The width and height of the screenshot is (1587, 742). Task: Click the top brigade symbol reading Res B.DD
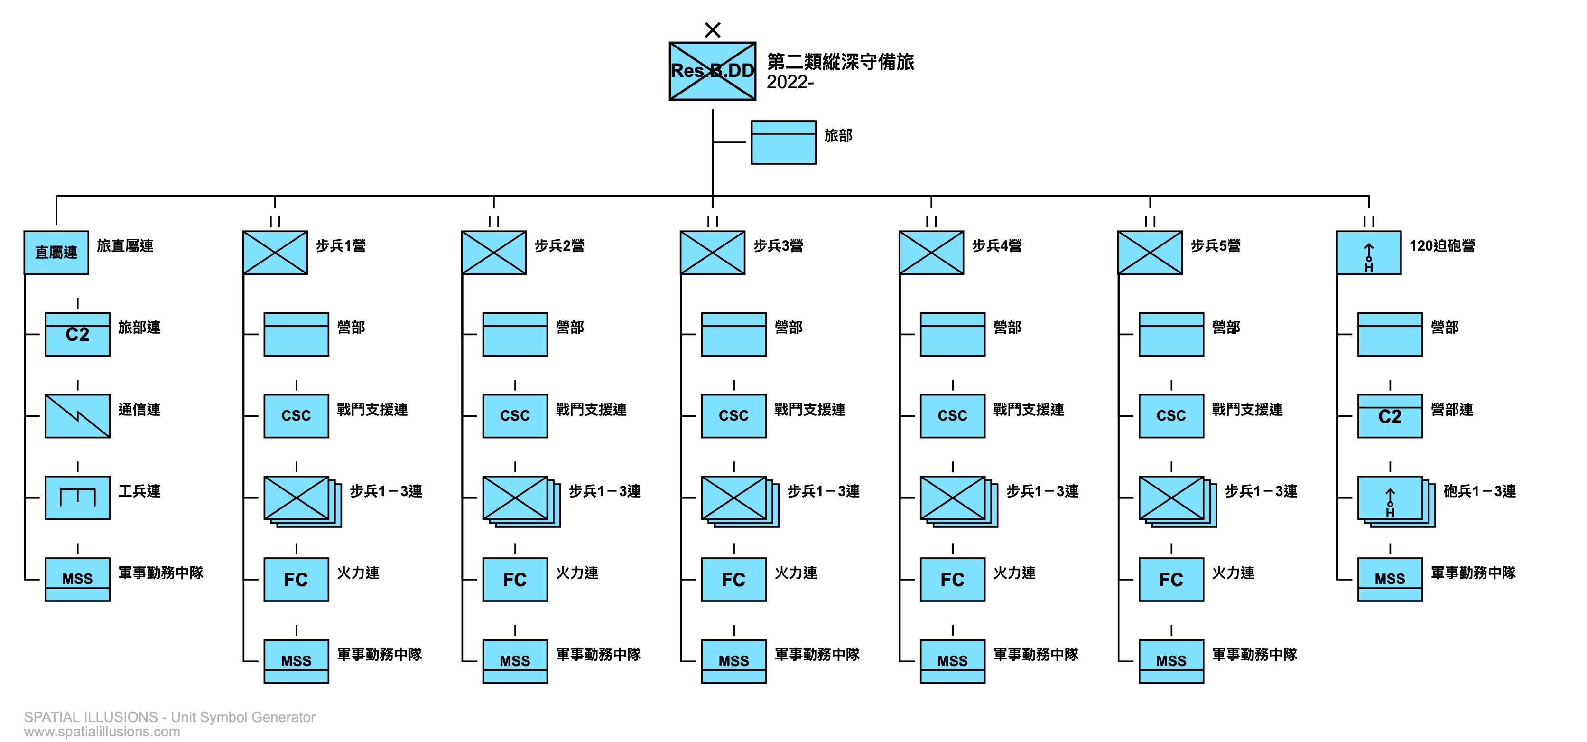(712, 71)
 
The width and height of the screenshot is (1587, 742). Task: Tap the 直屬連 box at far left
(56, 253)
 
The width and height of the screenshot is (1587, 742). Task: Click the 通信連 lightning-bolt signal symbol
(78, 416)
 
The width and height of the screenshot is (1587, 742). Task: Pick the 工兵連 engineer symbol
(78, 498)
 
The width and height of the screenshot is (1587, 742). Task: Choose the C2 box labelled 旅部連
(78, 334)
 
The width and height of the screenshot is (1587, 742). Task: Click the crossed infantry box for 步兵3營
(712, 253)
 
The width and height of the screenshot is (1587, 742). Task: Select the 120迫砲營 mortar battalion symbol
(1368, 253)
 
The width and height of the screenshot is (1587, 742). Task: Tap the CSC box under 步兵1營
(297, 416)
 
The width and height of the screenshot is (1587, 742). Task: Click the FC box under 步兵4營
(953, 579)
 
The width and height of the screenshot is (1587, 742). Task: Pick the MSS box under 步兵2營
(515, 661)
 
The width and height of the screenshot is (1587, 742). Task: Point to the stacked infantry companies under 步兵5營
(1177, 501)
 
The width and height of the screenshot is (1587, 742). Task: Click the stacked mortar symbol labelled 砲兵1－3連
(1396, 501)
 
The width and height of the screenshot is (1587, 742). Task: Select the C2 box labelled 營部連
(1390, 416)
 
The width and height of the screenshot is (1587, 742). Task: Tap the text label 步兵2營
(559, 246)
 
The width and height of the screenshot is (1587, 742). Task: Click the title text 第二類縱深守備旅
(840, 62)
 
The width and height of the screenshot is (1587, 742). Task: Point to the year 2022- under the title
(790, 82)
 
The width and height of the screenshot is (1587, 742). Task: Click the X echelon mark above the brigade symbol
(712, 29)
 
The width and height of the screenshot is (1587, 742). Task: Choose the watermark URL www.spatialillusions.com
(102, 732)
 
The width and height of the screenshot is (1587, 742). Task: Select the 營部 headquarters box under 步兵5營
(1171, 334)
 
